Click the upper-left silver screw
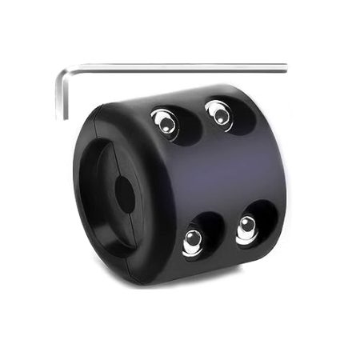point(165,122)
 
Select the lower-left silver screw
point(193,240)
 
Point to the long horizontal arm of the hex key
point(176,68)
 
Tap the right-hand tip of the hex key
point(283,66)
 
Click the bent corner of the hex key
point(62,74)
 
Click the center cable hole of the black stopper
point(125,194)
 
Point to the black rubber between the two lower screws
point(220,234)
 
